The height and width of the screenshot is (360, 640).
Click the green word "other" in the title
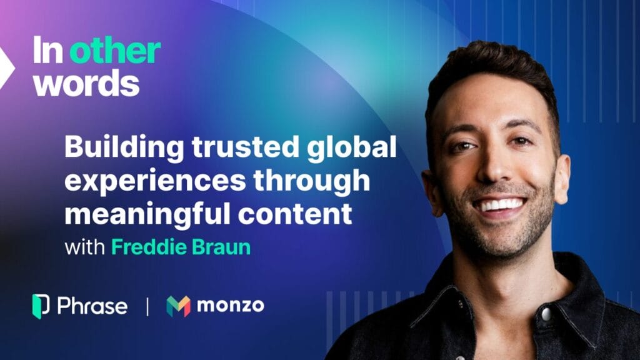coord(115,51)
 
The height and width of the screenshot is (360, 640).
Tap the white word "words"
coord(86,82)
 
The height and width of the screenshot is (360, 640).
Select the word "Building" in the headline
coord(124,148)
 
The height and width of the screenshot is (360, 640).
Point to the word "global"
coord(351,148)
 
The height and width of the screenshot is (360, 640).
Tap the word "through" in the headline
coord(312,181)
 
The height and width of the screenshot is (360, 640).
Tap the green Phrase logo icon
coord(41,306)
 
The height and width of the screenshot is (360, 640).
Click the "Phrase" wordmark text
coord(92,306)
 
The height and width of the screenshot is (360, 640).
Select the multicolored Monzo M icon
coord(178,306)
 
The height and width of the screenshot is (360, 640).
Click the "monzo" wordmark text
coord(231,305)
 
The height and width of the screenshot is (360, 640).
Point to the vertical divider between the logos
coord(147,306)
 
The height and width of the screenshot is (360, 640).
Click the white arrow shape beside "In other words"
coord(6,67)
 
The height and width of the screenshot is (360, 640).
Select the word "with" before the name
coord(84,247)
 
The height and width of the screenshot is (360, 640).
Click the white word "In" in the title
coord(47,50)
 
